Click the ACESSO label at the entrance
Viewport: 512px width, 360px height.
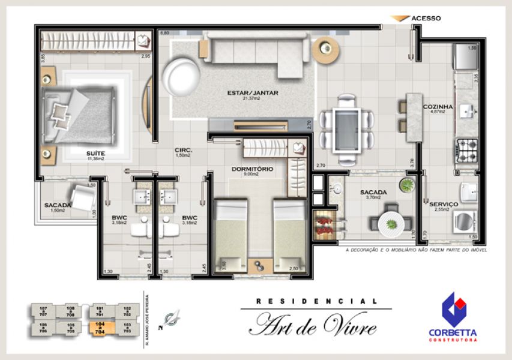426,18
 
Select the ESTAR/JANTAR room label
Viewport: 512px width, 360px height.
252,93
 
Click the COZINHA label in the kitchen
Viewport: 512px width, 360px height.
437,107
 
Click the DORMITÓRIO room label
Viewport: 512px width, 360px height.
252,169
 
